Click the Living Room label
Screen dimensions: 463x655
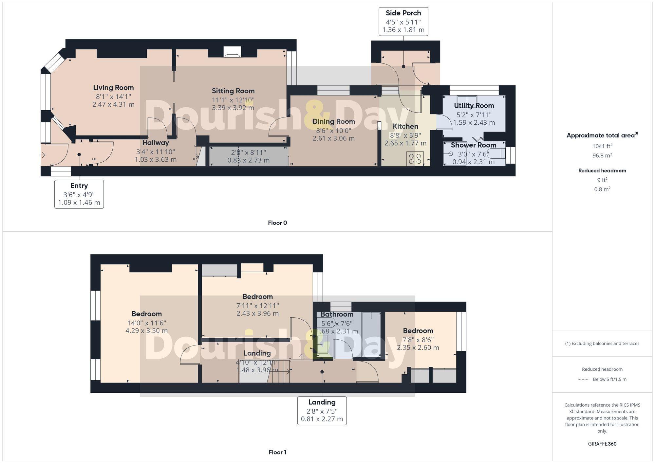coord(113,88)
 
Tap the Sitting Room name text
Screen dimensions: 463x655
coord(233,91)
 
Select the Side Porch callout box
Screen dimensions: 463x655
coord(403,22)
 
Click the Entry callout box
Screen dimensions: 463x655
coord(79,194)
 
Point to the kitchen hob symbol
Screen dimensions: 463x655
coord(415,159)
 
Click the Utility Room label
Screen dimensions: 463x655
coord(474,106)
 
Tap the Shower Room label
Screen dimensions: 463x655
coord(473,145)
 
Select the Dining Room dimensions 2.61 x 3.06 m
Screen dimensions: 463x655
coord(333,138)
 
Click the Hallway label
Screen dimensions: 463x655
coord(156,143)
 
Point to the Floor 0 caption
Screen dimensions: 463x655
coord(277,223)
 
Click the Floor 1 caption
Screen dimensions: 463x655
coord(277,452)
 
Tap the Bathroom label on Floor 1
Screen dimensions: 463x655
coord(337,314)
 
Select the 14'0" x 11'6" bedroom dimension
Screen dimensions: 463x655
coord(146,323)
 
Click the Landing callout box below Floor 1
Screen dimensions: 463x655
coord(322,411)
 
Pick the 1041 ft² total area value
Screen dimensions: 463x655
coord(602,146)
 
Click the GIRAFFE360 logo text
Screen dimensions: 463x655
coord(602,444)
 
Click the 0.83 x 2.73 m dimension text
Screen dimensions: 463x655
coord(248,160)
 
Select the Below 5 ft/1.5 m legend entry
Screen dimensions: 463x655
coord(609,379)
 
